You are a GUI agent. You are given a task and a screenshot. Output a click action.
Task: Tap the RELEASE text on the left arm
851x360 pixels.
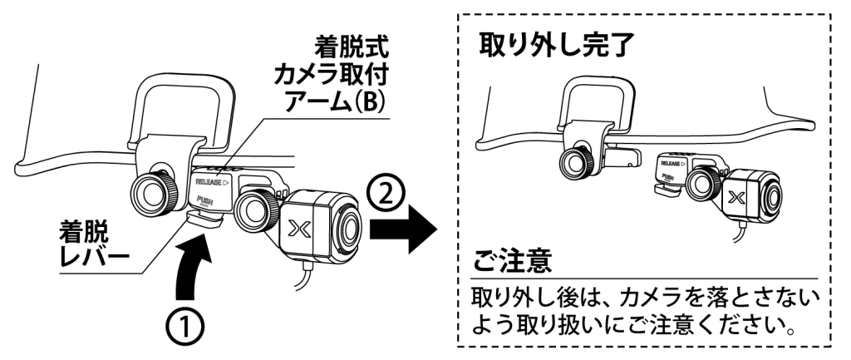pyautogui.click(x=211, y=179)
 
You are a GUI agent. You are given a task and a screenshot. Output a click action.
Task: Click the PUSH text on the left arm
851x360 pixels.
pyautogui.click(x=204, y=200)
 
